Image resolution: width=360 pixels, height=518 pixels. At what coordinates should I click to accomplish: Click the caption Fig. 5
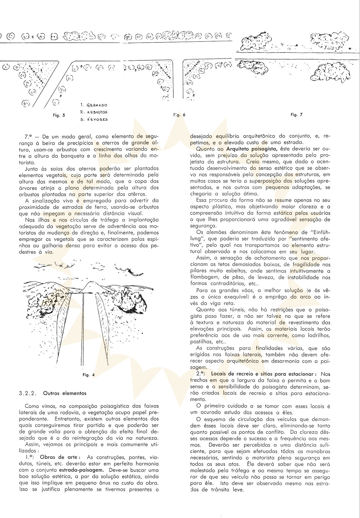coord(59,115)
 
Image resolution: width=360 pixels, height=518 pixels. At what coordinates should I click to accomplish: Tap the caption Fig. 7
coord(296,115)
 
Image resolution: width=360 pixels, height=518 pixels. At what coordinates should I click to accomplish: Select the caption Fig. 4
coord(89,375)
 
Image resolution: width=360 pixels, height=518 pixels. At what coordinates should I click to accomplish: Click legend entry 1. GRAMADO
coord(94,105)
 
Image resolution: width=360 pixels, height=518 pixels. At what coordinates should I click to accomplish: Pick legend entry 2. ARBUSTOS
coord(94,112)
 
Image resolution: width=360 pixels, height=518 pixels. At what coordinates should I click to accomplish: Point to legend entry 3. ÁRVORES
coord(94,119)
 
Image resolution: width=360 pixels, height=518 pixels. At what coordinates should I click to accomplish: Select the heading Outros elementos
coord(65,393)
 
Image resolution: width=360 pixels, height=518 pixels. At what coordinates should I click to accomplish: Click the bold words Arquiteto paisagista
coord(250,149)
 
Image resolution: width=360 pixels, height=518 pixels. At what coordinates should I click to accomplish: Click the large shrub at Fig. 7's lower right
coord(330,72)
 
